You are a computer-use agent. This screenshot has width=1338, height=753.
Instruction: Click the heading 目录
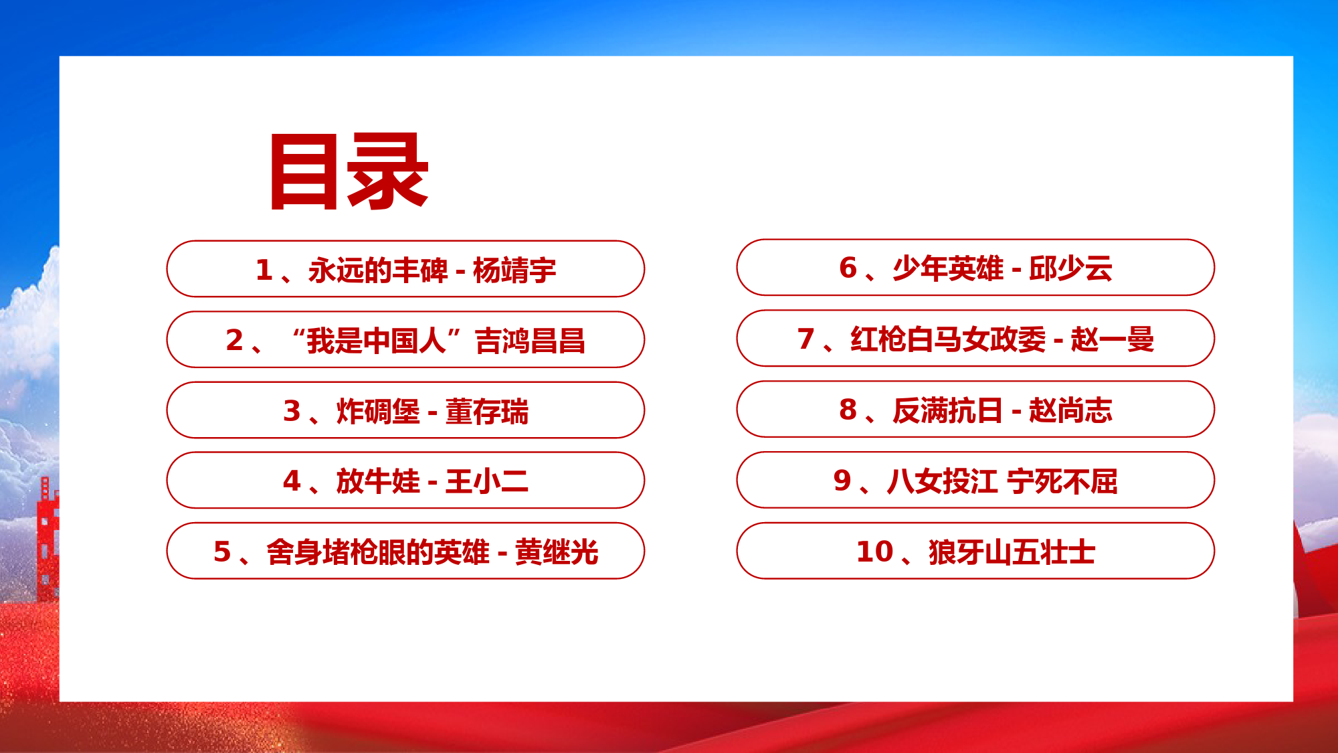(x=349, y=171)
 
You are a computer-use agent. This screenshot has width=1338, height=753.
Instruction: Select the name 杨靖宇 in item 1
(x=514, y=270)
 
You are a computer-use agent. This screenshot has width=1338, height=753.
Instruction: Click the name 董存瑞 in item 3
(x=487, y=411)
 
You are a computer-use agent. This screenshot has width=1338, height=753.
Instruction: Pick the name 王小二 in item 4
(x=487, y=481)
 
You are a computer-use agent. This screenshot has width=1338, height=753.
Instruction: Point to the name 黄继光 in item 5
(x=557, y=552)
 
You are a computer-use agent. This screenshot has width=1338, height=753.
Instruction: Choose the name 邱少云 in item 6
(x=1071, y=268)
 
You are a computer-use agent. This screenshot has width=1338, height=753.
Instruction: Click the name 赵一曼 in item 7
(x=1113, y=339)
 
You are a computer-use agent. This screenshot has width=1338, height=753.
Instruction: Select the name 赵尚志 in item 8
(x=1071, y=410)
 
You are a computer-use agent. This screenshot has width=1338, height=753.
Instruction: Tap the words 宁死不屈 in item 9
(x=1062, y=481)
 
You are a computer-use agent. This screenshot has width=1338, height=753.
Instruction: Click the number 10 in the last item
(x=875, y=552)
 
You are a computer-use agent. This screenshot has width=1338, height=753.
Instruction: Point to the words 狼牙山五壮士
(x=1012, y=552)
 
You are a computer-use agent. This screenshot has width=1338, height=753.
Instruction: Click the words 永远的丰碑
(x=377, y=270)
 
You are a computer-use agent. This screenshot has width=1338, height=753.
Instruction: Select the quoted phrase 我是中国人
(x=377, y=341)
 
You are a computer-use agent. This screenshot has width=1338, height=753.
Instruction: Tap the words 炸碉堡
(x=378, y=411)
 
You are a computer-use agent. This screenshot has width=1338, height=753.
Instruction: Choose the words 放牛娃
(x=378, y=481)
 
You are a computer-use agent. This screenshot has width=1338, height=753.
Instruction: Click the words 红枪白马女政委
(x=948, y=339)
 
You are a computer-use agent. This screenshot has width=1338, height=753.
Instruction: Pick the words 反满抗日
(x=948, y=410)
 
